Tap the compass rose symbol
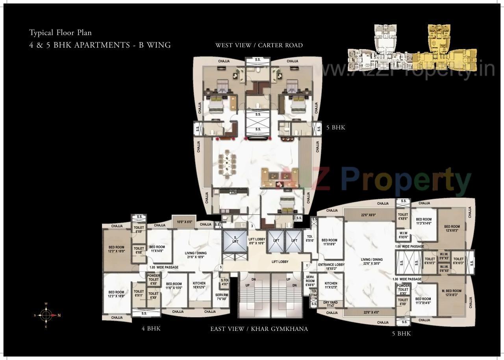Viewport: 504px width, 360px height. [x=46, y=315]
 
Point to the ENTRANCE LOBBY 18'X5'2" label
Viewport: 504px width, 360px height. [x=331, y=267]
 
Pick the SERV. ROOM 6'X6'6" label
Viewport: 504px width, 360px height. [x=310, y=281]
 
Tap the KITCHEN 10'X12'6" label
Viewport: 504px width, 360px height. [x=199, y=286]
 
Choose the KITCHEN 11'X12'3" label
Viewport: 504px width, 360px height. [x=331, y=286]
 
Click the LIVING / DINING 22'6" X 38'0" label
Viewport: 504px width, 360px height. [x=372, y=262]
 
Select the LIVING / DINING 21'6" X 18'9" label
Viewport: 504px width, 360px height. [x=196, y=255]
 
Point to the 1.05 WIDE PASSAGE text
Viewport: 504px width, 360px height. [x=164, y=268]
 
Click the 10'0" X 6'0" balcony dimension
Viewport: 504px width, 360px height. [x=184, y=222]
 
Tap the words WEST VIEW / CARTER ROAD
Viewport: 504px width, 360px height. [x=259, y=45]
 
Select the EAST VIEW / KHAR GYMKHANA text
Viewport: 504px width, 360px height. [x=259, y=329]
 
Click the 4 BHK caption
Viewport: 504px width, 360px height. [x=151, y=329]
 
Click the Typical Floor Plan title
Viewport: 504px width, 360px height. [x=60, y=33]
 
